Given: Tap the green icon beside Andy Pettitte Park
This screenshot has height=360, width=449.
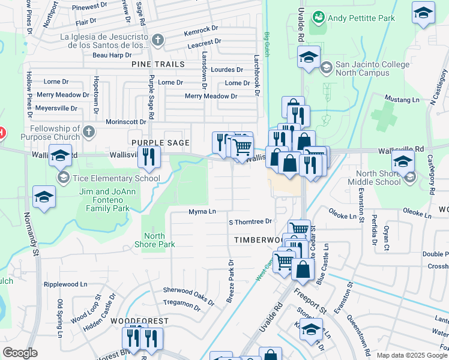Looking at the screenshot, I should pos(316,18).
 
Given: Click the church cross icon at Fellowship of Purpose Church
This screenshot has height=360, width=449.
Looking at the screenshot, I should pos(88,131).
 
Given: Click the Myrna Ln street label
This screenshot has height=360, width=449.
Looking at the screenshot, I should pos(202,212).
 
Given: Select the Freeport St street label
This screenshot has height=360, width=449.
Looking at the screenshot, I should pos(309,300).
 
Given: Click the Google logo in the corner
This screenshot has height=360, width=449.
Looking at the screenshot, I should pos(20,353).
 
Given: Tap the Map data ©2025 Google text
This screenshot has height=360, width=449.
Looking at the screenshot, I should pos(412,355).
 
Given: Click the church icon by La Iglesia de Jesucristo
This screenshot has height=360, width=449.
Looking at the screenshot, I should pos(158,40).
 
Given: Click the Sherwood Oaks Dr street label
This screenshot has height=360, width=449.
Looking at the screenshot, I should pos(188,290).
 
